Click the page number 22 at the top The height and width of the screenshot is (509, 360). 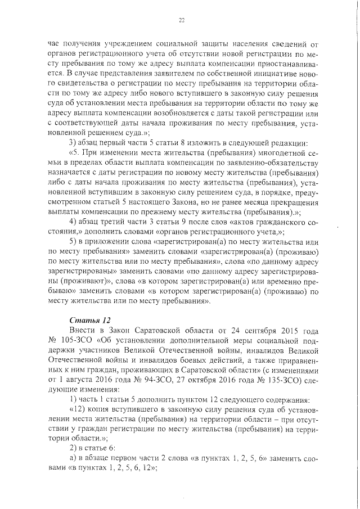[181, 21]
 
